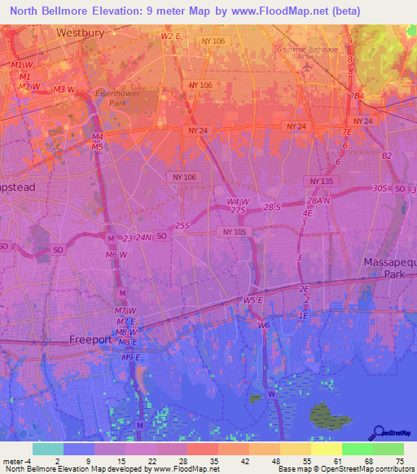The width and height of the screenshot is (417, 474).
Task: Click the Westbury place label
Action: (82, 33)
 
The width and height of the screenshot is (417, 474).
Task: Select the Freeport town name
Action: (90, 340)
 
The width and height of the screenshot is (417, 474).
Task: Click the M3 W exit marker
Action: (64, 90)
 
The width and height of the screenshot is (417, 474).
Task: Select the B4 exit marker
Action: (358, 96)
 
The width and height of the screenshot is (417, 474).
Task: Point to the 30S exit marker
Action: (379, 188)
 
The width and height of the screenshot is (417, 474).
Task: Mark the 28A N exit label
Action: (318, 200)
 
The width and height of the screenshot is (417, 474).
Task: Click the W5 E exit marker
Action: (253, 301)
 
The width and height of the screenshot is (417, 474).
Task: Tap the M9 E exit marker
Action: (131, 358)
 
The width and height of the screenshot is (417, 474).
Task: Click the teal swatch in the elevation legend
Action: (48, 449)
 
